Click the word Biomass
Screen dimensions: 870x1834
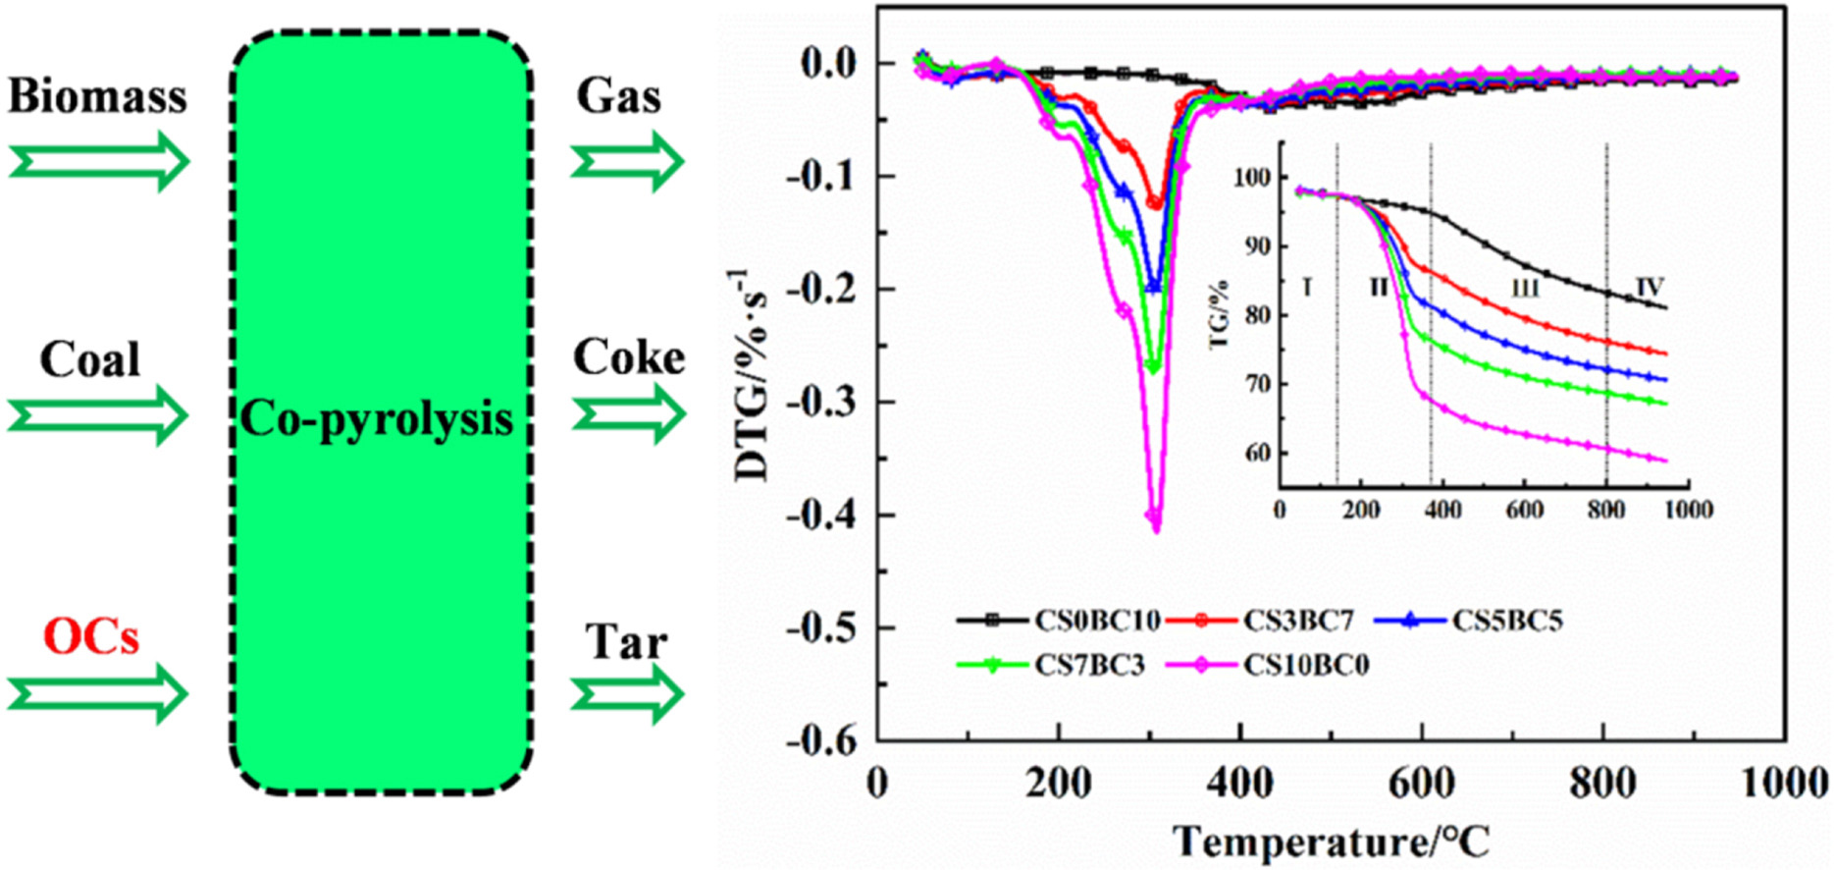tap(97, 97)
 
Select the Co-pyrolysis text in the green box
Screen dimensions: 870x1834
tap(377, 419)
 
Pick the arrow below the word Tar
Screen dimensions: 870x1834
tap(628, 694)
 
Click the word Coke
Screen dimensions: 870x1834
tap(629, 357)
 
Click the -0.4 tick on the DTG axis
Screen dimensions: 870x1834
tap(822, 515)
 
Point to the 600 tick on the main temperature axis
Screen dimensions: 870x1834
tap(1422, 784)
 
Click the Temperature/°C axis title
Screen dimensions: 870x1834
tap(1332, 843)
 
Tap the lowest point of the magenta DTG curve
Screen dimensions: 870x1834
tap(1156, 529)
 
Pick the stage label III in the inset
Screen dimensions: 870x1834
tap(1524, 288)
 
